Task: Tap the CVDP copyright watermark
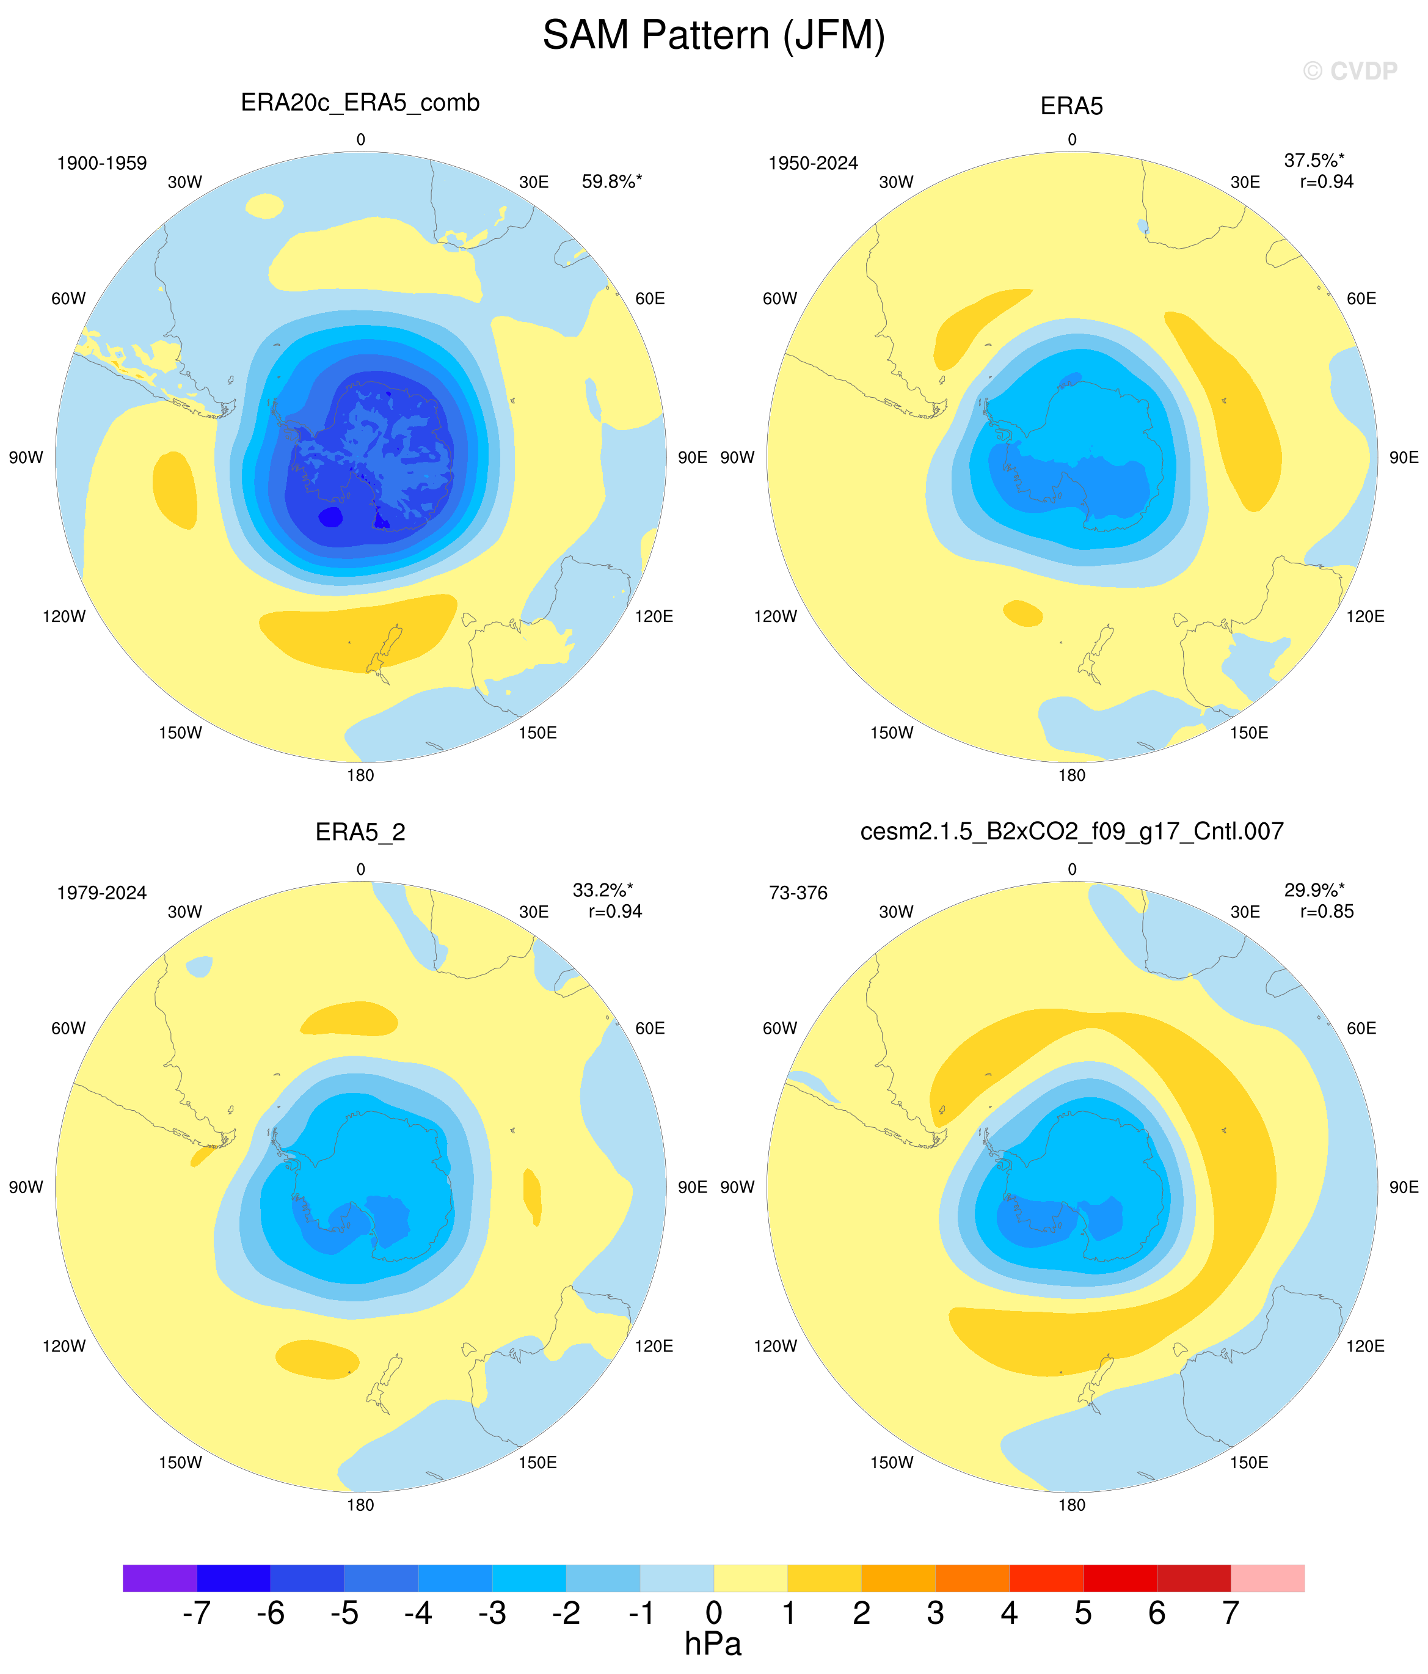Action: (1350, 71)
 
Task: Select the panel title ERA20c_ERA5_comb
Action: (360, 103)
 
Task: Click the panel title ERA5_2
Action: (360, 832)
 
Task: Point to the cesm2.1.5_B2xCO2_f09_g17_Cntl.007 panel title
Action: (1072, 832)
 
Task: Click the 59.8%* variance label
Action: (611, 182)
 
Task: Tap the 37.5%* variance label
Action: (1314, 161)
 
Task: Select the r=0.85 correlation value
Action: (1326, 912)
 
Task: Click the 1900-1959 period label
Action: (102, 163)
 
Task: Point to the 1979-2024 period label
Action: (102, 893)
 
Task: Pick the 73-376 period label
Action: (798, 893)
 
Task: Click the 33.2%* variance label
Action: (603, 890)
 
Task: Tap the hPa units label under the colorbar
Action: (713, 1644)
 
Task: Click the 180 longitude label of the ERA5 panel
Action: (1072, 775)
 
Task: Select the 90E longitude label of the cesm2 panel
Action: (1404, 1187)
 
